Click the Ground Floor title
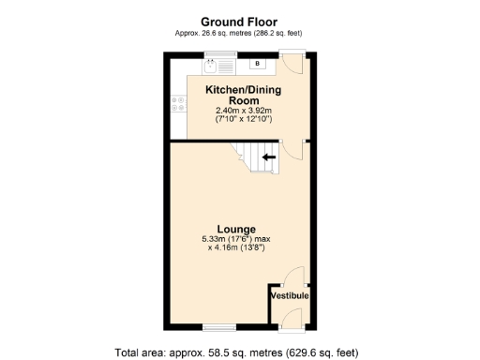click(238, 22)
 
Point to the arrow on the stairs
click(269, 157)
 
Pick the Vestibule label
click(290, 296)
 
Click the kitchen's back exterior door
click(293, 65)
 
